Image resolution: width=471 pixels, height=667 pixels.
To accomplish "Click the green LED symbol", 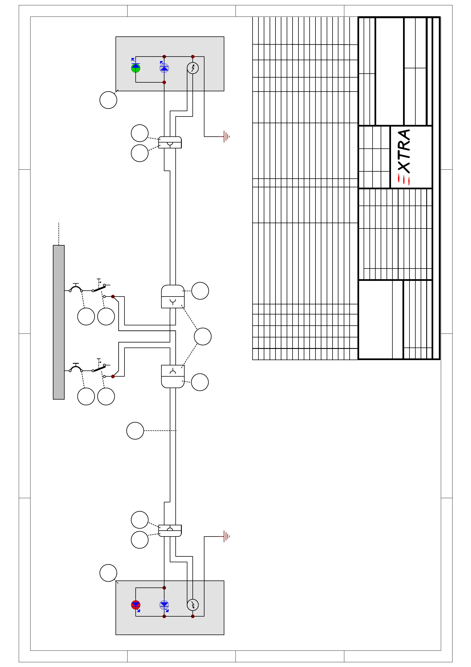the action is [136, 68].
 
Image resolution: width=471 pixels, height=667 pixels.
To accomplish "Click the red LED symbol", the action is [136, 605].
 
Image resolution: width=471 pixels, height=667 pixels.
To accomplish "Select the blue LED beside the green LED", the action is [164, 68].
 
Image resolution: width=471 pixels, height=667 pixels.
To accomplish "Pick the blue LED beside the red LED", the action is [164, 605].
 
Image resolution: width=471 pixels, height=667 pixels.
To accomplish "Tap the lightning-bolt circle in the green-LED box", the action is [193, 68].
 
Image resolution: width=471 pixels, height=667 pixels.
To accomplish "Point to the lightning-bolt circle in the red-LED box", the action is [193, 605].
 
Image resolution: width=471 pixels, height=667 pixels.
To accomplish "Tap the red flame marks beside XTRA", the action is [404, 179].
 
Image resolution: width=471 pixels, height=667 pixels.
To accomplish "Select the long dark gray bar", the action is [59, 322].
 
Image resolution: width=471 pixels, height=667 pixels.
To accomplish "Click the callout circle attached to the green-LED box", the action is [108, 100].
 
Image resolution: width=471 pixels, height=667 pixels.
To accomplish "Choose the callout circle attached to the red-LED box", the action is [108, 573].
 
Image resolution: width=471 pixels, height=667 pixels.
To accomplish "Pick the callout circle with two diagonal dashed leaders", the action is [202, 336].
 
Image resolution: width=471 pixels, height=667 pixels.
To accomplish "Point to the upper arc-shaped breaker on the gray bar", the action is [76, 288].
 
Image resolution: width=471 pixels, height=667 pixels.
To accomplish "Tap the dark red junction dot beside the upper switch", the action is [113, 297].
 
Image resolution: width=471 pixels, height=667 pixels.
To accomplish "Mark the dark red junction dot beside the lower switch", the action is [113, 377].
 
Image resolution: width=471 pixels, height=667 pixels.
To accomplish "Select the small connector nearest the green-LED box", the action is [170, 142].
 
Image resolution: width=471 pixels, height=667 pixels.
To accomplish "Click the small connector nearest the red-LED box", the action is [170, 530].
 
